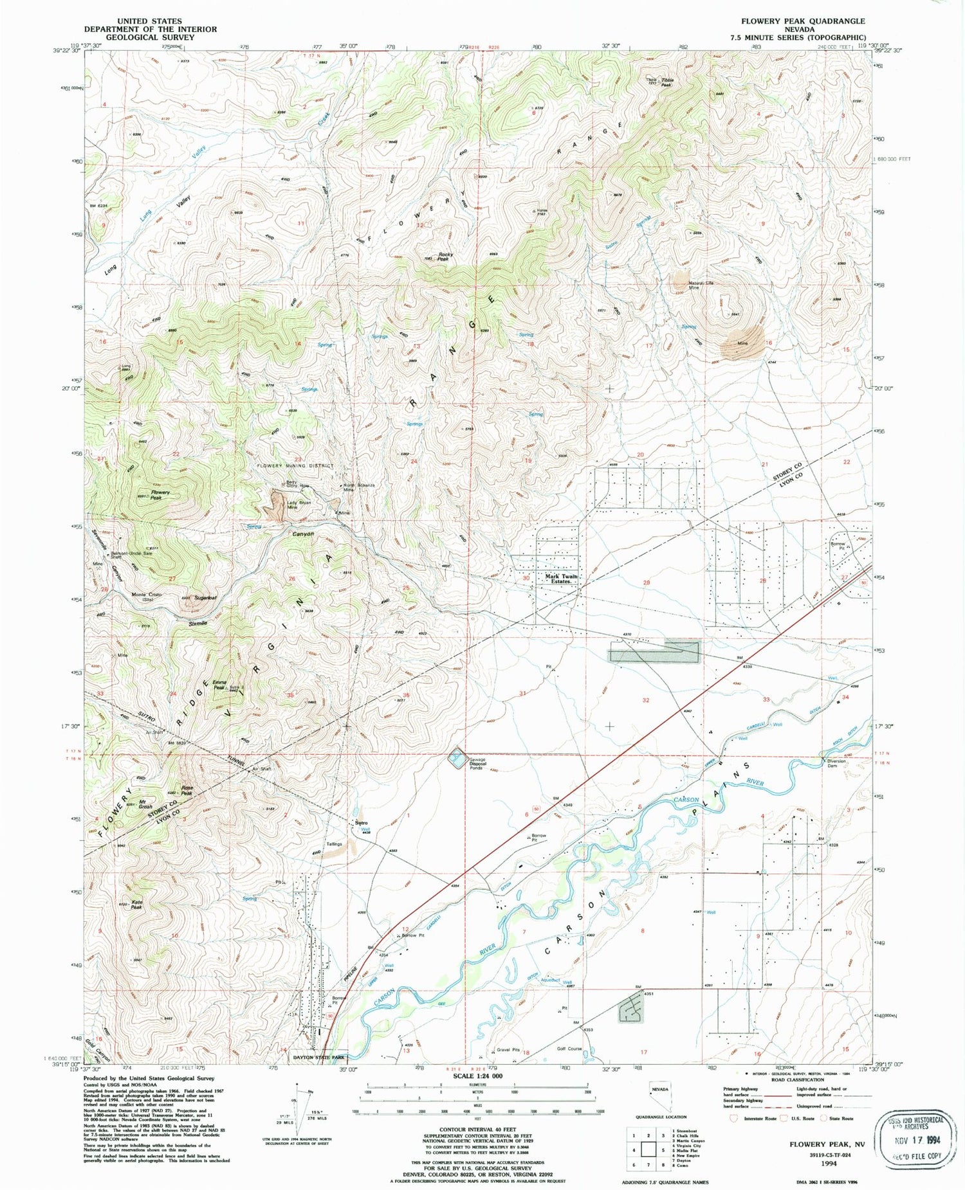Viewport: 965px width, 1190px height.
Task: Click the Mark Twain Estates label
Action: click(561, 579)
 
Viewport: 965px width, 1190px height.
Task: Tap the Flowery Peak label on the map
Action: click(160, 495)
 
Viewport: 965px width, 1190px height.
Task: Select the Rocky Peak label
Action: click(445, 257)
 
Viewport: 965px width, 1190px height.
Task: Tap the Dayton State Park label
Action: click(318, 1056)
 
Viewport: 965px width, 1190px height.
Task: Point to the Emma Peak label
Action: click(219, 685)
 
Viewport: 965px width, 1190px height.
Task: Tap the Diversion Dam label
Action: click(836, 763)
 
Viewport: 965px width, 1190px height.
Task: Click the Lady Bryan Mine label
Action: click(300, 505)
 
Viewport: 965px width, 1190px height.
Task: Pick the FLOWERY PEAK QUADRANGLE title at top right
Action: click(802, 21)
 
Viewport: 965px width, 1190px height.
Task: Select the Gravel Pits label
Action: click(508, 1050)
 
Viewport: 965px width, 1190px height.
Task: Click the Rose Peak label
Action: click(187, 791)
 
